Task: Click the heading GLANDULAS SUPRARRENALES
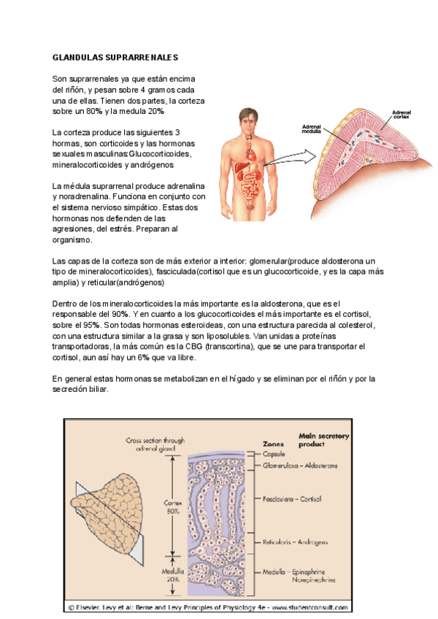click(115, 57)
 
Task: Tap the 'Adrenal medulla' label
click(312, 129)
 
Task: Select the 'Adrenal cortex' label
click(402, 116)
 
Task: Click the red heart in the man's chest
click(251, 153)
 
